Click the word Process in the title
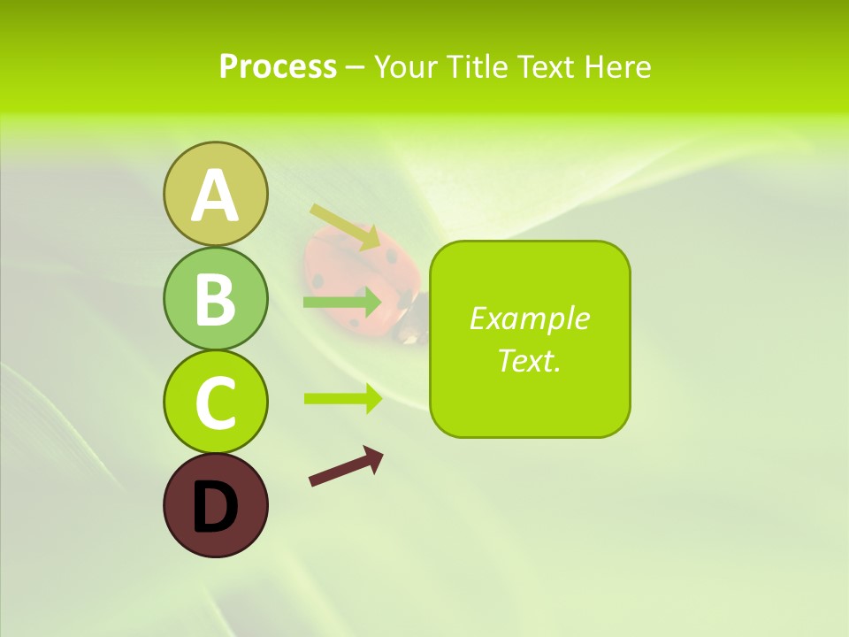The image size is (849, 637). pos(278,67)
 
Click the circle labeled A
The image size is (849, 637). pos(215,194)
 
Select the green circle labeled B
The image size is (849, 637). pos(215,298)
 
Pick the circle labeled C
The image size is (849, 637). pos(215,402)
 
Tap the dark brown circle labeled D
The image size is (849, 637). pos(215,505)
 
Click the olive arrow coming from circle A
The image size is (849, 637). pos(344,226)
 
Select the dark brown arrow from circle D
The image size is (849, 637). pos(346,466)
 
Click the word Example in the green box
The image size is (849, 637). pos(529,318)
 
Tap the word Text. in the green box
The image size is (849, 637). pos(529,360)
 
